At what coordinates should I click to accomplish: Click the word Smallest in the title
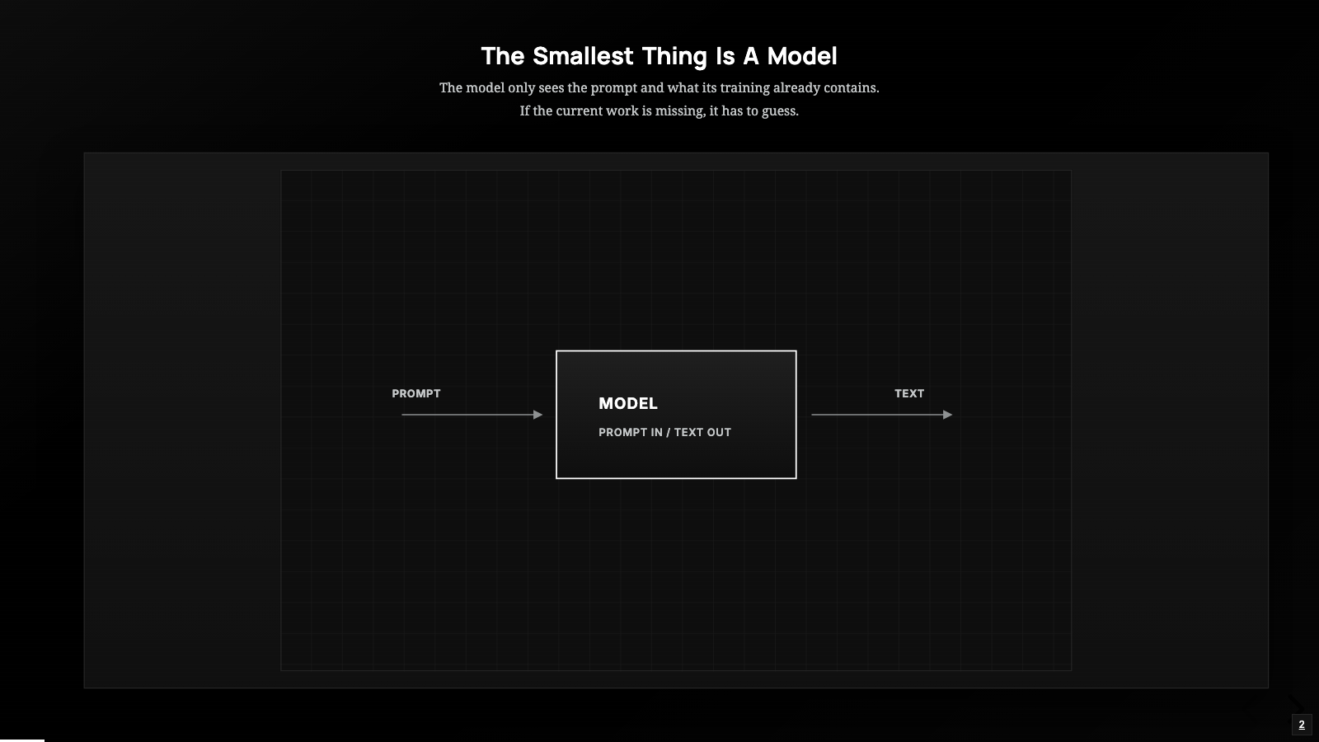(x=583, y=57)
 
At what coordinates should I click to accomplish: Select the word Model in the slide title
(x=801, y=57)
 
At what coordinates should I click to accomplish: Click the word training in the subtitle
(x=745, y=88)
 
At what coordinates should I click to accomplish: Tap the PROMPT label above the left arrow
(x=416, y=393)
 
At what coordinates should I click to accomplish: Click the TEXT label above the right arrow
(x=909, y=393)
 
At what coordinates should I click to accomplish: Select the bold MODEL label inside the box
(x=627, y=403)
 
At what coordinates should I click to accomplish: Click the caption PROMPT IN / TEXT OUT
(x=664, y=432)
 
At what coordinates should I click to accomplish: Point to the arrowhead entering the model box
(x=537, y=415)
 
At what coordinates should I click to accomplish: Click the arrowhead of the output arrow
(x=947, y=415)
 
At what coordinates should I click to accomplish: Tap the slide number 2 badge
(x=1302, y=725)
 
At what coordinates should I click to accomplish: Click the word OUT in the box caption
(x=718, y=432)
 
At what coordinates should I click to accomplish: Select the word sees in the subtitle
(x=552, y=88)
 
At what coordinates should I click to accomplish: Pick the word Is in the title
(x=725, y=57)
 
